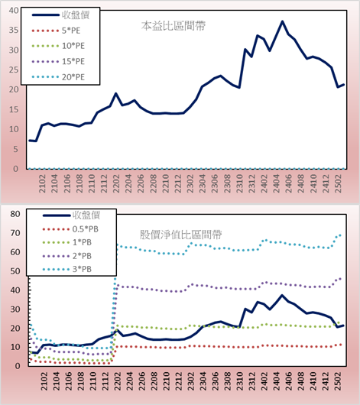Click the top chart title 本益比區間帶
point(174,26)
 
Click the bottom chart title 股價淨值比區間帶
point(180,235)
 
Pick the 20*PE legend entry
point(58,77)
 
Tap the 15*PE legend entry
point(58,61)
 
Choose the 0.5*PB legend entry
point(70,229)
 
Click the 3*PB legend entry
point(67,269)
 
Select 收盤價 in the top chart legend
point(60,15)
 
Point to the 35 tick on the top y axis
point(14,31)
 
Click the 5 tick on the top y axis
point(16,149)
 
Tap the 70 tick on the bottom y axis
point(15,233)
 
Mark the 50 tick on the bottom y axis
point(15,271)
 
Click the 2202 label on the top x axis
point(116,183)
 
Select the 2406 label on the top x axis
point(288,183)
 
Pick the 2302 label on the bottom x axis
point(191,381)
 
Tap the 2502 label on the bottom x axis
point(338,381)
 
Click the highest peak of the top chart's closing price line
point(282,21)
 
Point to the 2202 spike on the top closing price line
point(116,93)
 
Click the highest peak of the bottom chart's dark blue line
point(282,295)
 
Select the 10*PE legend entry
point(58,46)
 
